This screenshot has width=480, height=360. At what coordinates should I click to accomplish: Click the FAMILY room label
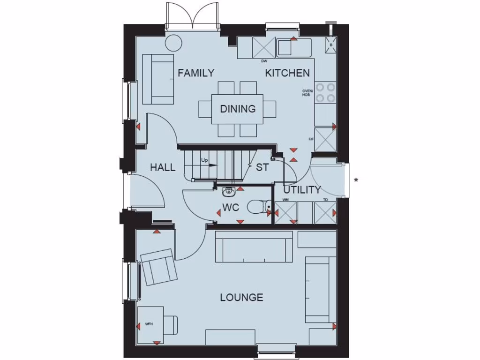pyautogui.click(x=196, y=73)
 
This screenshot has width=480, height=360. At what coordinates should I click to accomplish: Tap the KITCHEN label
pyautogui.click(x=287, y=73)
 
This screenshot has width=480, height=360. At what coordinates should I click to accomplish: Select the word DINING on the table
pyautogui.click(x=238, y=109)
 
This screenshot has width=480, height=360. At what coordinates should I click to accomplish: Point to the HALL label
pyautogui.click(x=163, y=167)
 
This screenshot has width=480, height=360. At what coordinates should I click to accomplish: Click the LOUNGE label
pyautogui.click(x=241, y=298)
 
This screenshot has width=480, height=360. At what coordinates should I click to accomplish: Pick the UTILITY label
pyautogui.click(x=302, y=190)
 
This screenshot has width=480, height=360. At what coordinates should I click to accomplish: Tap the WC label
pyautogui.click(x=231, y=207)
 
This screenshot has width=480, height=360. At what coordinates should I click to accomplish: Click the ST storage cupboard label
pyautogui.click(x=262, y=167)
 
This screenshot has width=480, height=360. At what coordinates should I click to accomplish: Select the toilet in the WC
pyautogui.click(x=259, y=206)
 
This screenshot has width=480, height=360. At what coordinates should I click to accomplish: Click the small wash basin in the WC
pyautogui.click(x=229, y=191)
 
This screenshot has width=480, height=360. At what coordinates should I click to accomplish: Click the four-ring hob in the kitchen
pyautogui.click(x=325, y=92)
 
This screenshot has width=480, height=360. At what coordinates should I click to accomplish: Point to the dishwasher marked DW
pyautogui.click(x=263, y=47)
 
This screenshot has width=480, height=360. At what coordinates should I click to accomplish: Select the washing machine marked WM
pyautogui.click(x=286, y=213)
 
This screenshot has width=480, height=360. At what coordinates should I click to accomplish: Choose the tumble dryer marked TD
pyautogui.click(x=325, y=213)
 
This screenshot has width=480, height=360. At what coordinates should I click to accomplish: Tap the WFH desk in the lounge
pyautogui.click(x=150, y=324)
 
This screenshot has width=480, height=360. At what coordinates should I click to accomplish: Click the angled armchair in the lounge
pyautogui.click(x=159, y=267)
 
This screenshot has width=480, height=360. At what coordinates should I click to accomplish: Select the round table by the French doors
pyautogui.click(x=173, y=42)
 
